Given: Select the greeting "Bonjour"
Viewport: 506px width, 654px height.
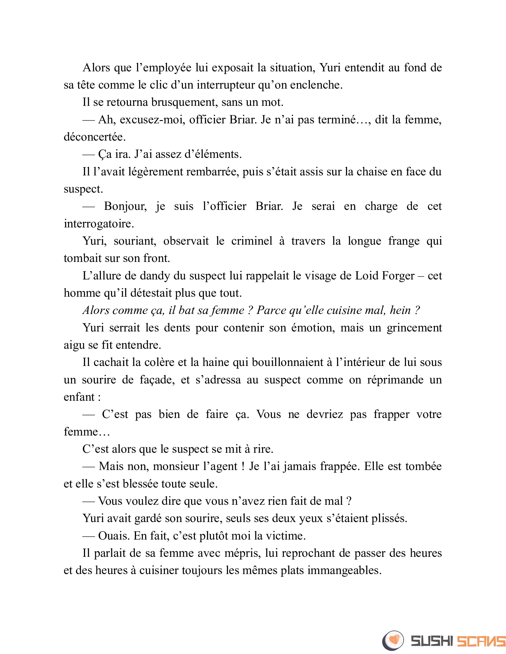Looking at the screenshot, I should [x=125, y=206].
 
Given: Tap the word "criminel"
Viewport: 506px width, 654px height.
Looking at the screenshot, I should [x=252, y=241].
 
